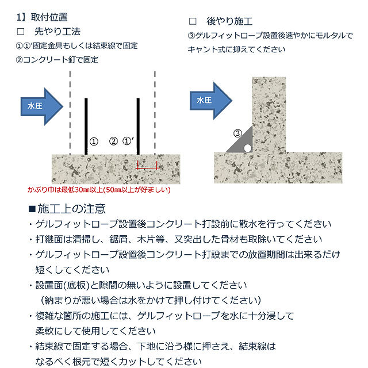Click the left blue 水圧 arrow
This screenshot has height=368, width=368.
[x=42, y=106]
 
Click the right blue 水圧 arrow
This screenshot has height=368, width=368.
[x=211, y=101]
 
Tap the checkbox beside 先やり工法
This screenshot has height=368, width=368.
[x=21, y=32]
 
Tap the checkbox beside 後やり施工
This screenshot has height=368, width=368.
[x=193, y=21]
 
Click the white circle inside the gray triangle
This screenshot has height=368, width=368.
[x=248, y=148]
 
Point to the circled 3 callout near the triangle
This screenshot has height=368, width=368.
[x=237, y=133]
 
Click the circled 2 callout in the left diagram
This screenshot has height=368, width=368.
[x=114, y=141]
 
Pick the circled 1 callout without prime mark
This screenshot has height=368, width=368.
[x=94, y=141]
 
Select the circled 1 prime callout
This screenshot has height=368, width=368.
[x=128, y=141]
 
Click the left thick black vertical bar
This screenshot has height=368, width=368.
[x=86, y=126]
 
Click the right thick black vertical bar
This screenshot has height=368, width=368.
[x=138, y=126]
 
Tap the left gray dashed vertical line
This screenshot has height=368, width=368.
[x=70, y=113]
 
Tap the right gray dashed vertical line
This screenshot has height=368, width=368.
[x=155, y=113]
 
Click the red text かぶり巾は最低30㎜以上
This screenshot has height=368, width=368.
[x=66, y=190]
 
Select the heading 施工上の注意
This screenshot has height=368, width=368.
[x=71, y=209]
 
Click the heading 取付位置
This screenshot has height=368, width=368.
[x=49, y=17]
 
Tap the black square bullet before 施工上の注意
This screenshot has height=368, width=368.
[x=32, y=209]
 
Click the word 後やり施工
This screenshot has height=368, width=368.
[x=229, y=21]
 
